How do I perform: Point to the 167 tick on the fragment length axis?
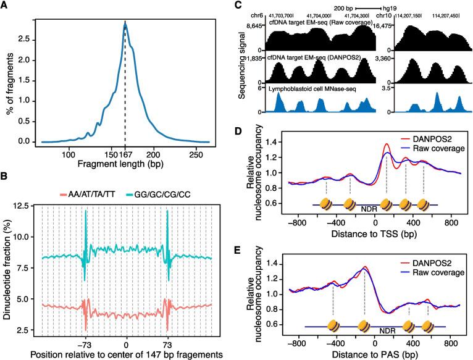pyautogui.click(x=125, y=154)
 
